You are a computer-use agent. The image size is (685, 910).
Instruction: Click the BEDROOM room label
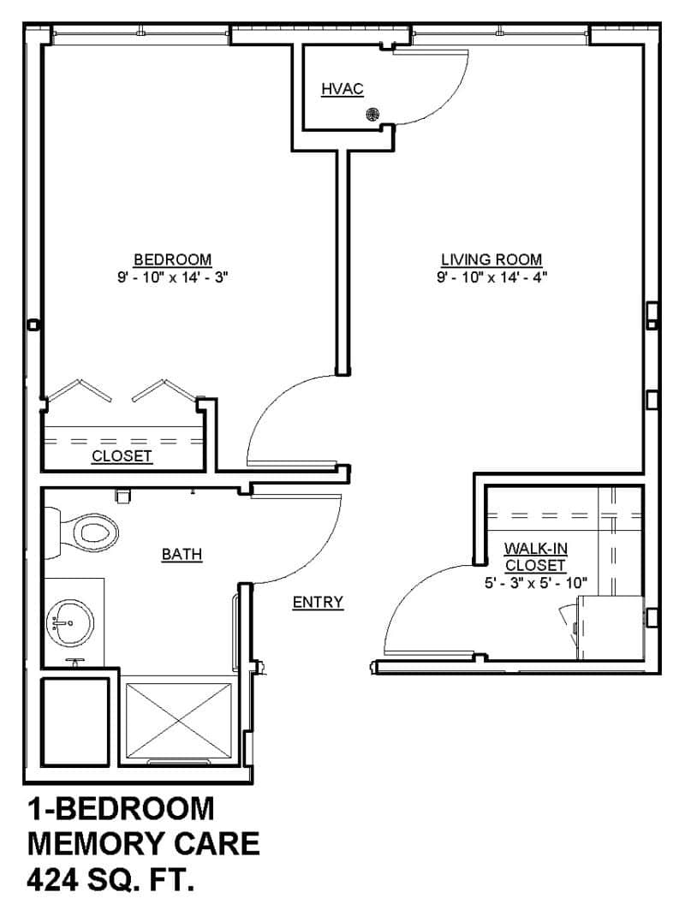[172, 259]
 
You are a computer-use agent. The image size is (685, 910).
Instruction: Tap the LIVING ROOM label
[491, 259]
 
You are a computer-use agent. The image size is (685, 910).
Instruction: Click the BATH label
[182, 555]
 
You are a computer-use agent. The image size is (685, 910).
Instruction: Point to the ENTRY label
[318, 602]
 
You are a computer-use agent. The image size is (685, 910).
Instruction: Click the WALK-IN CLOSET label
[534, 556]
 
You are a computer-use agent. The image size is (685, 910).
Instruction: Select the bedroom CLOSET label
[122, 456]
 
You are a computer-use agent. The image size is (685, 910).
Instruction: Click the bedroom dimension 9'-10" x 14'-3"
[172, 277]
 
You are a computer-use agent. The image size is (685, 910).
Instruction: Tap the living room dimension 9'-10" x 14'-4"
[491, 277]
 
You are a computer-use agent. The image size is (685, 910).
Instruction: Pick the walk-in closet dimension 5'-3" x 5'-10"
[534, 583]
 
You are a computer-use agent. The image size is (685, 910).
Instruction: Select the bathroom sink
[68, 621]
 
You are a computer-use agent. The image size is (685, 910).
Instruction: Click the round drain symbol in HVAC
[372, 114]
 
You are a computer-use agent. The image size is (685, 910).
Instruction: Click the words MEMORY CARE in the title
[143, 844]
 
